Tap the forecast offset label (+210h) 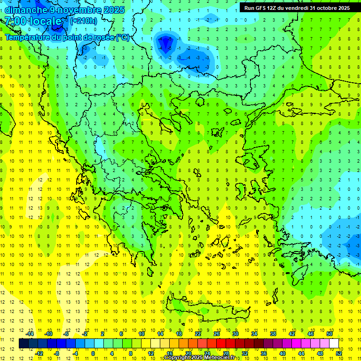coord(84,21)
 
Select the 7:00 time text coord(15,21)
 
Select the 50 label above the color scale coord(330,334)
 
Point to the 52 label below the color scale coord(339,353)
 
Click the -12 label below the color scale coord(39,353)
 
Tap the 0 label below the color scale coord(93,353)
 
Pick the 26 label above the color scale coord(217,334)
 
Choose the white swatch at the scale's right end coord(334,344)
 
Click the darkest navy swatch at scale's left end coord(24,344)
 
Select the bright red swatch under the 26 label coord(221,344)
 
